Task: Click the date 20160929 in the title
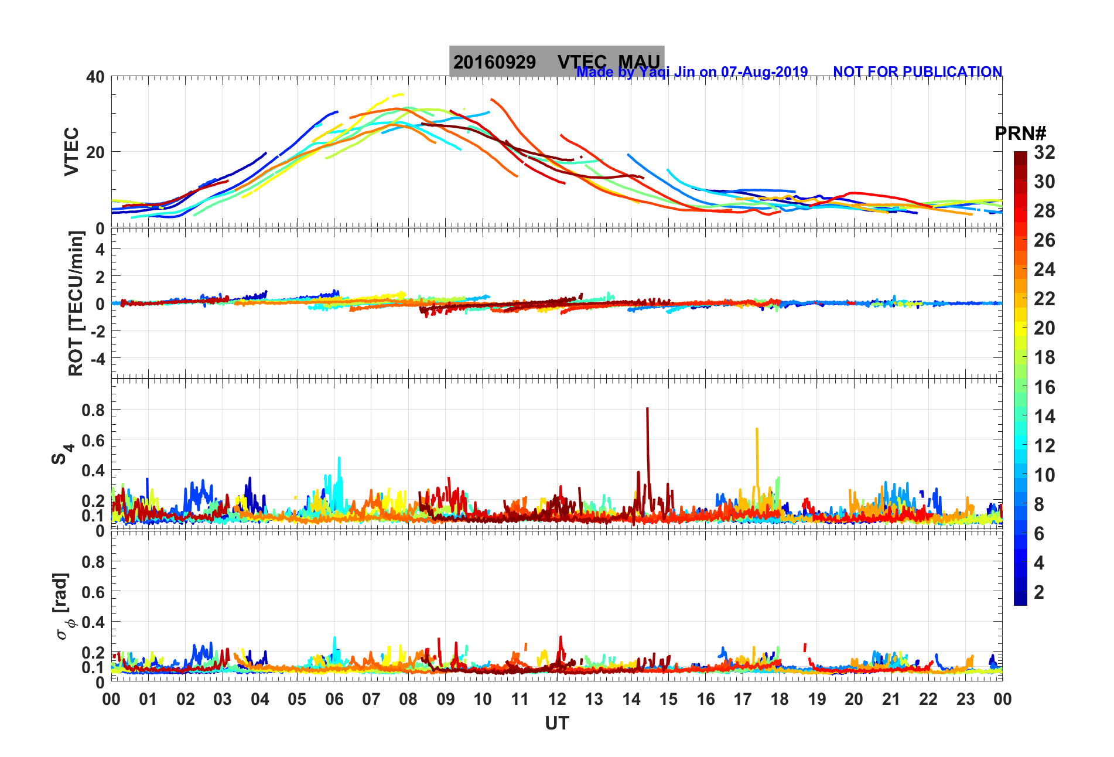494,62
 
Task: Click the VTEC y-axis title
71,151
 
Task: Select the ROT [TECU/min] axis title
76,303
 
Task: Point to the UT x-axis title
556,724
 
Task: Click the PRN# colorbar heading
1020,134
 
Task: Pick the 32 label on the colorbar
1044,152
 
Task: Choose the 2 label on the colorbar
1039,592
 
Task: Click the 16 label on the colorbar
1044,387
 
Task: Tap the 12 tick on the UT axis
557,699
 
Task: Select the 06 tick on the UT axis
334,699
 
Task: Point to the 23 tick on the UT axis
965,699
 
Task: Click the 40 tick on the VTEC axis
95,77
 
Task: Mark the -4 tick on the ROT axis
96,358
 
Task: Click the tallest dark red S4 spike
647,410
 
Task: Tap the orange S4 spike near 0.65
757,431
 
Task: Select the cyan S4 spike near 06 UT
339,460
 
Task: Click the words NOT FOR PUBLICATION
917,71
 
